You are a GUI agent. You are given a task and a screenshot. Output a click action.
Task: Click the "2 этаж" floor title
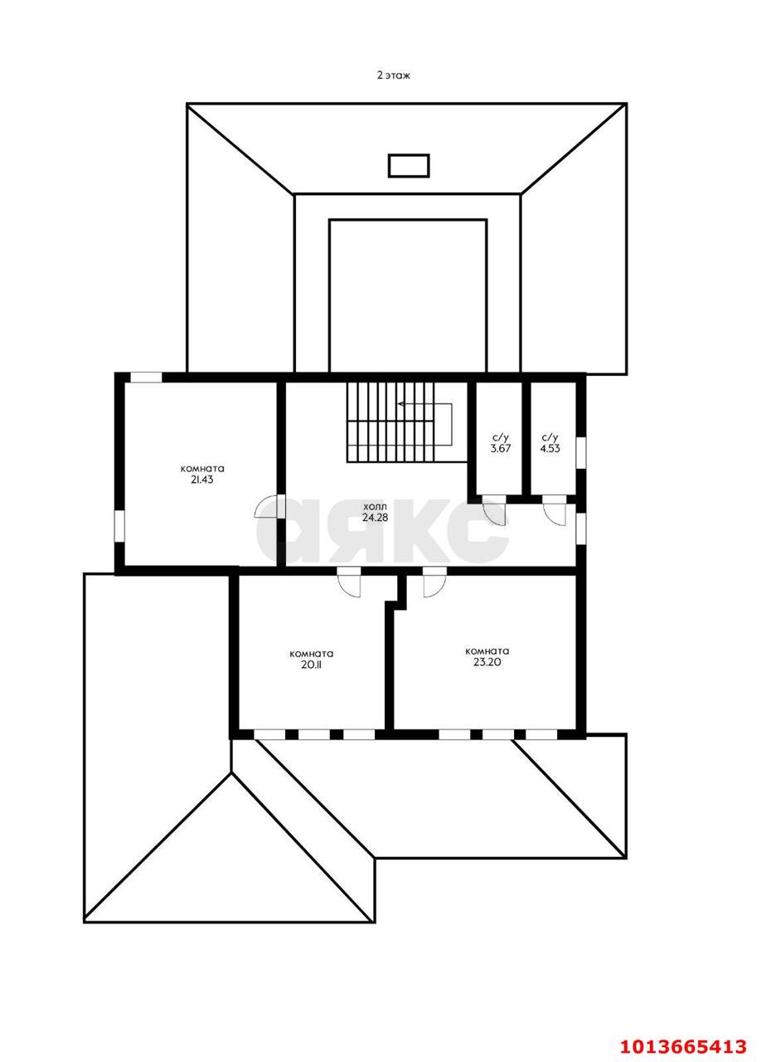tap(393, 75)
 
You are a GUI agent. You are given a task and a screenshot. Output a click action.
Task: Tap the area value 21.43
tap(202, 480)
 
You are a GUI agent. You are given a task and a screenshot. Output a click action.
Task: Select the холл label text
tap(375, 507)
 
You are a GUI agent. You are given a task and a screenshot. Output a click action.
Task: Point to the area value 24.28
tap(375, 517)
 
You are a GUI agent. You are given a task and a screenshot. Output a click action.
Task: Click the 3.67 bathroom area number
tap(500, 448)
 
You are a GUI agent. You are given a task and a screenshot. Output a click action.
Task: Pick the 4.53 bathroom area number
tap(550, 448)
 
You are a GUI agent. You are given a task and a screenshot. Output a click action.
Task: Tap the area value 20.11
tap(311, 665)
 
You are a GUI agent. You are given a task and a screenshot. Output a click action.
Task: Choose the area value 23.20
tap(487, 662)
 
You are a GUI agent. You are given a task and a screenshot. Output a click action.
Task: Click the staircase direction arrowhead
tap(401, 404)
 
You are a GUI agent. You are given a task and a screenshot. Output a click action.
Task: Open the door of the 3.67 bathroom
tap(494, 511)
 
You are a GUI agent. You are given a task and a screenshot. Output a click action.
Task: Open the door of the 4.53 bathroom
tap(555, 511)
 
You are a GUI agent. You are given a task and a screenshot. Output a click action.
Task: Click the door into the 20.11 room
tap(349, 582)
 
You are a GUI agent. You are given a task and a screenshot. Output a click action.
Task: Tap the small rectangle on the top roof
tap(409, 166)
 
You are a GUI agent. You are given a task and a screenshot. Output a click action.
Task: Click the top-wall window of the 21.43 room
tap(146, 378)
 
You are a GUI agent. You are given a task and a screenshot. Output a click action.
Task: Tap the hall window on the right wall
tap(581, 529)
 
